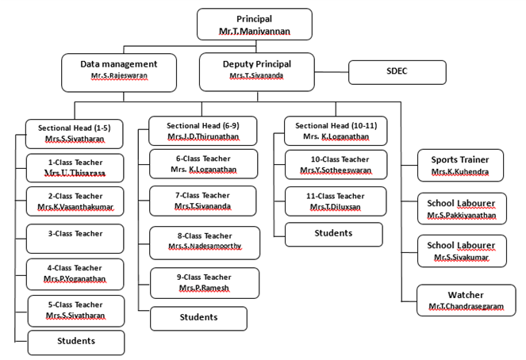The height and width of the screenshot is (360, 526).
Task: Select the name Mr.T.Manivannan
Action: [254, 31]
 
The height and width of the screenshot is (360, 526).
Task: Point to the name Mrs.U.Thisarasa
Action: [75, 172]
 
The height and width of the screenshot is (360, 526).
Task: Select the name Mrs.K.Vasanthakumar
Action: [75, 207]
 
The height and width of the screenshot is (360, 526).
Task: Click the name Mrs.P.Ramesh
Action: [205, 288]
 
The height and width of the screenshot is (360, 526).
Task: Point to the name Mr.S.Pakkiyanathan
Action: [460, 214]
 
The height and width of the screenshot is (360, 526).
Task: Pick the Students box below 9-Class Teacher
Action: [198, 317]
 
